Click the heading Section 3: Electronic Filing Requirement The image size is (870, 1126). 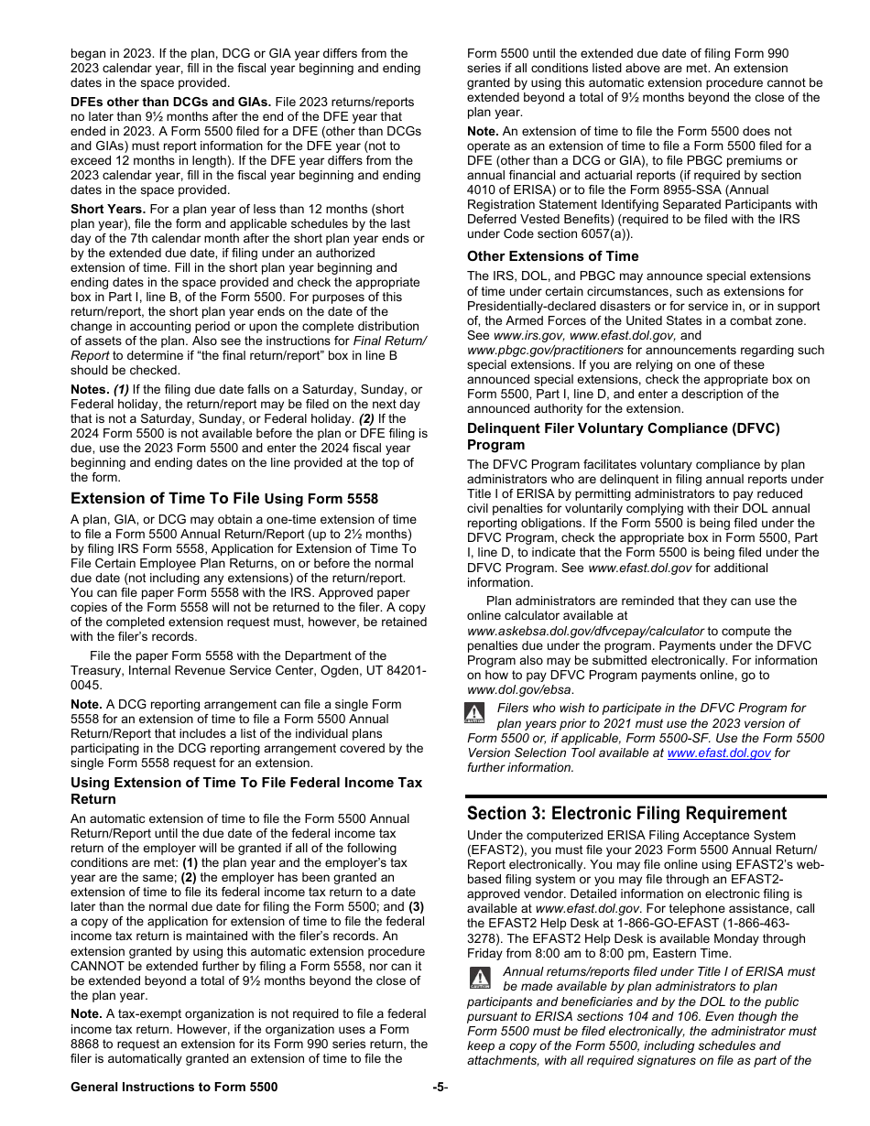pyautogui.click(x=626, y=814)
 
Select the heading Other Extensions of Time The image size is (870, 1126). pyautogui.click(x=552, y=256)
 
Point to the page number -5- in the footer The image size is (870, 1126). pyautogui.click(x=440, y=1087)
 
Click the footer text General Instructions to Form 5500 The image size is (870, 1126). pyautogui.click(x=174, y=1087)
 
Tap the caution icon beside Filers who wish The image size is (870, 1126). pyautogui.click(x=473, y=713)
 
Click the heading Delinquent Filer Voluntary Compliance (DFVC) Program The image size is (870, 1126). pyautogui.click(x=623, y=436)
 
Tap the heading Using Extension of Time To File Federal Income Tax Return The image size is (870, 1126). pyautogui.click(x=245, y=790)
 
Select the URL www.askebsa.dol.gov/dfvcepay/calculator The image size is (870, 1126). pyautogui.click(x=585, y=631)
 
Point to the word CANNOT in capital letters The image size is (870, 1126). pyautogui.click(x=99, y=966)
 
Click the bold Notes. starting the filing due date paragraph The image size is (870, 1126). pyautogui.click(x=90, y=389)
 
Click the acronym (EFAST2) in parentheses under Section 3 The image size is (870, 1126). pyautogui.click(x=495, y=850)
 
